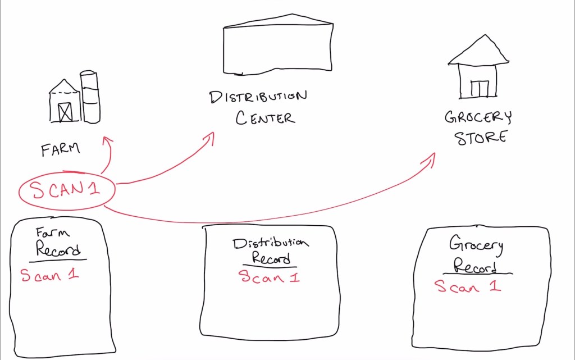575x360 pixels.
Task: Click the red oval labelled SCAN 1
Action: coord(67,190)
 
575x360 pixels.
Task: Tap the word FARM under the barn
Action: coord(61,149)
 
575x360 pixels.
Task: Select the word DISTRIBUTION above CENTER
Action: coord(258,97)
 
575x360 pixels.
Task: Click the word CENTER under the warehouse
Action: coord(265,118)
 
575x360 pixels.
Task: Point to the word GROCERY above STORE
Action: coord(478,117)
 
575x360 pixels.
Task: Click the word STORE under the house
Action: coord(481,138)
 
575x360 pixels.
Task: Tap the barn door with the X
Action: coord(66,112)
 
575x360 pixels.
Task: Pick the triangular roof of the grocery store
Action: coord(478,51)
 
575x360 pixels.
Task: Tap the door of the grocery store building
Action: coord(480,89)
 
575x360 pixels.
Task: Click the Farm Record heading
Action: coord(57,242)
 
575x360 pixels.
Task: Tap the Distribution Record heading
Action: coord(271,250)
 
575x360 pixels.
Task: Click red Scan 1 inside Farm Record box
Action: coord(49,275)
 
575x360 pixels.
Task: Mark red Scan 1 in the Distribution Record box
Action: coord(269,276)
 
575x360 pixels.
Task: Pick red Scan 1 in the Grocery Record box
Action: coord(468,286)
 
